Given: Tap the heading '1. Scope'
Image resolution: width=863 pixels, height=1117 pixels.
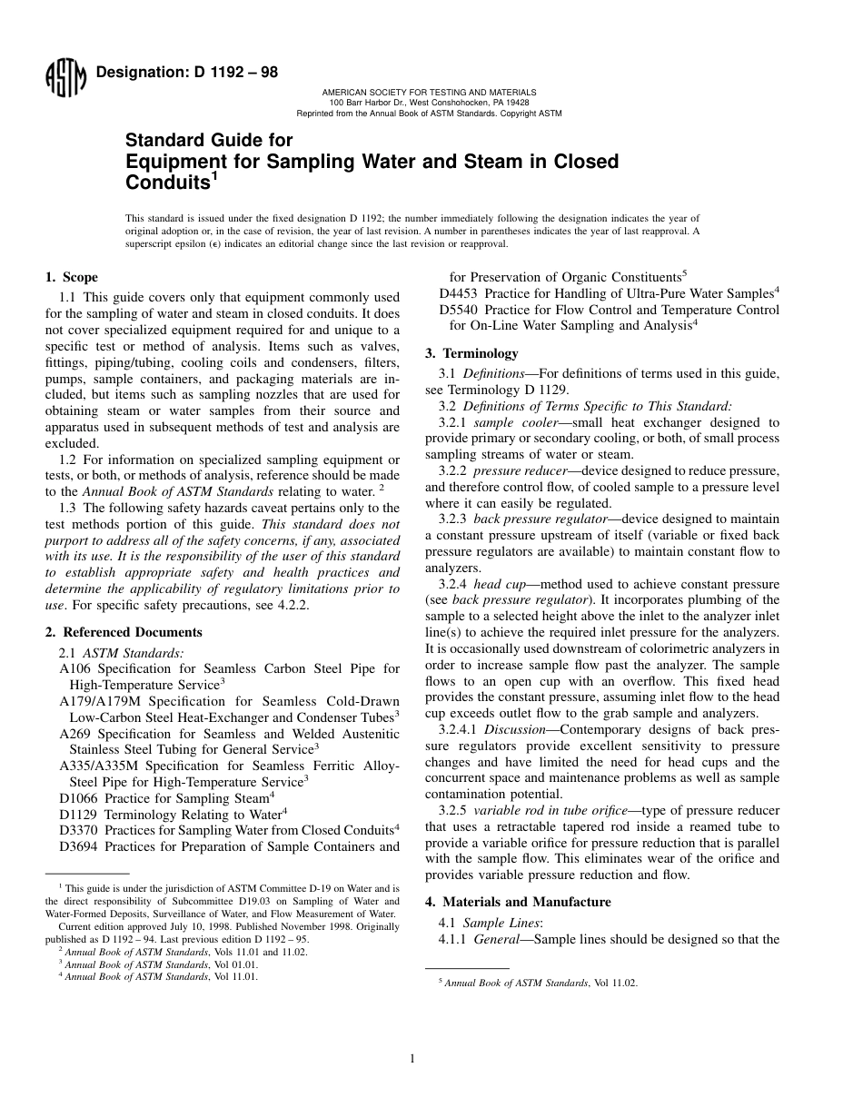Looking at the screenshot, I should click(x=72, y=278).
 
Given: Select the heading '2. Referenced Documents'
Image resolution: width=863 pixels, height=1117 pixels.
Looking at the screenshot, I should click(x=124, y=632).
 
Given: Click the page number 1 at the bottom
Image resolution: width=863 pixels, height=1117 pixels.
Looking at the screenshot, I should click(x=412, y=1058).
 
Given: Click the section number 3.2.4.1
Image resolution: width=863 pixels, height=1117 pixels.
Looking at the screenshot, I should click(x=458, y=729).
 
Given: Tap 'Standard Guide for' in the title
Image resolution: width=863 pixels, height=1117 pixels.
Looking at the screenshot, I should click(x=208, y=141).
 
